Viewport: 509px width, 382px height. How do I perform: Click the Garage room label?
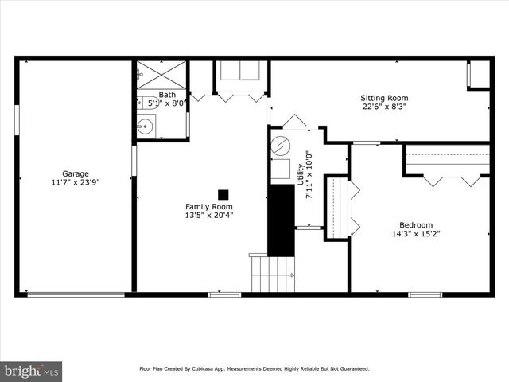pos(76,173)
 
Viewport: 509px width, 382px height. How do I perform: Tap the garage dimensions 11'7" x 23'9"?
pos(76,182)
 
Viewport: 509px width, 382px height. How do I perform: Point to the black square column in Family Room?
pos(223,194)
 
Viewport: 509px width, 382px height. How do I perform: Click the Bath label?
pos(167,94)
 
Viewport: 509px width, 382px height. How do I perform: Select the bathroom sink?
pos(145,126)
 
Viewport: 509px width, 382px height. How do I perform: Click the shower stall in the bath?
pos(161,75)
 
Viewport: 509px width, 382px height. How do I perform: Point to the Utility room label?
pos(300,174)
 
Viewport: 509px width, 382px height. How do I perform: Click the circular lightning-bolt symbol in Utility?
pos(281,146)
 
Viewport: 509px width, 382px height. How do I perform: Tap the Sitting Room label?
pos(385,99)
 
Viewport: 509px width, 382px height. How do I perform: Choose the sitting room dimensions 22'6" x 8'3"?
pos(385,107)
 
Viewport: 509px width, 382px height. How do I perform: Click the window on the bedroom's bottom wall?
pos(425,294)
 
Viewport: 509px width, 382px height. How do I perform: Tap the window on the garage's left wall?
pos(17,119)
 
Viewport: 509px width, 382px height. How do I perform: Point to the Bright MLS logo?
pos(31,371)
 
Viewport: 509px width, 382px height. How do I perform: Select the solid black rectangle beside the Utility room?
pos(281,220)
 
